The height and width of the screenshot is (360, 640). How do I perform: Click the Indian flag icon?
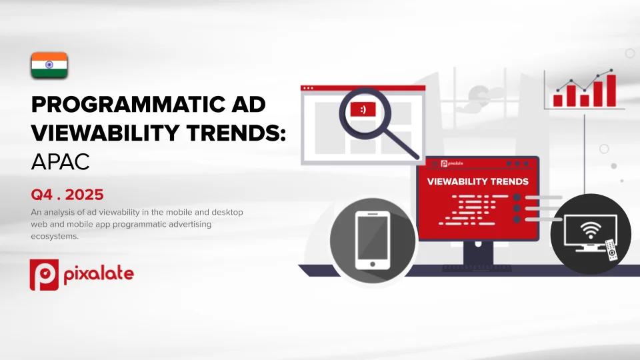tap(49, 65)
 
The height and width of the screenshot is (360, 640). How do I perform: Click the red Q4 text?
tap(41, 195)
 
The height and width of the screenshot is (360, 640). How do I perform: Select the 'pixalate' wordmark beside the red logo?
tap(98, 273)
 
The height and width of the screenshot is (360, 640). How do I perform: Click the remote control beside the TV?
tap(610, 250)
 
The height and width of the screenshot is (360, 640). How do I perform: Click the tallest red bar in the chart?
tap(611, 91)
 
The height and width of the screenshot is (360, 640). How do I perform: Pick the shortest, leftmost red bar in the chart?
tap(558, 99)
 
